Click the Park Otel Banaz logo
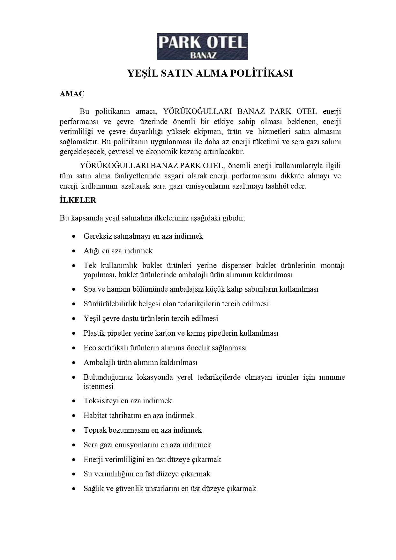[202, 47]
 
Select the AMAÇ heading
[72, 94]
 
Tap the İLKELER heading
[78, 200]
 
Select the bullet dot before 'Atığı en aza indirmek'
[74, 251]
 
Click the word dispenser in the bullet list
[234, 265]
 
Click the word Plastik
[93, 333]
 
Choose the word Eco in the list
[90, 348]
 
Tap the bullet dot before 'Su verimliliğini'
[74, 474]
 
